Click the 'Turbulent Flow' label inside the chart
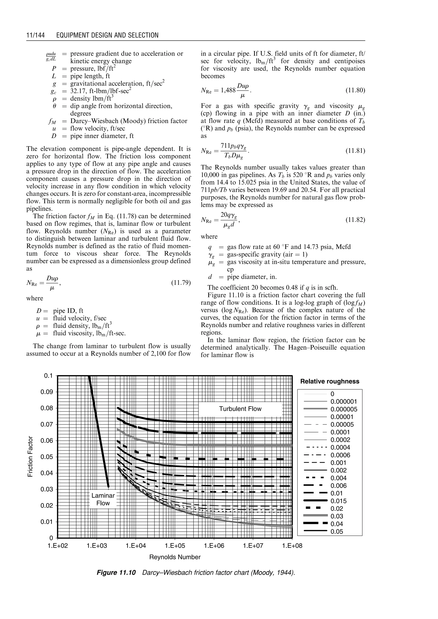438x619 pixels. (240, 409)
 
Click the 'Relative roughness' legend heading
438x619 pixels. (330, 381)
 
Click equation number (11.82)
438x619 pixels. (355, 220)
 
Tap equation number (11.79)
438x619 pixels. (181, 283)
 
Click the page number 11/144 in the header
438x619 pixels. (35, 35)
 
